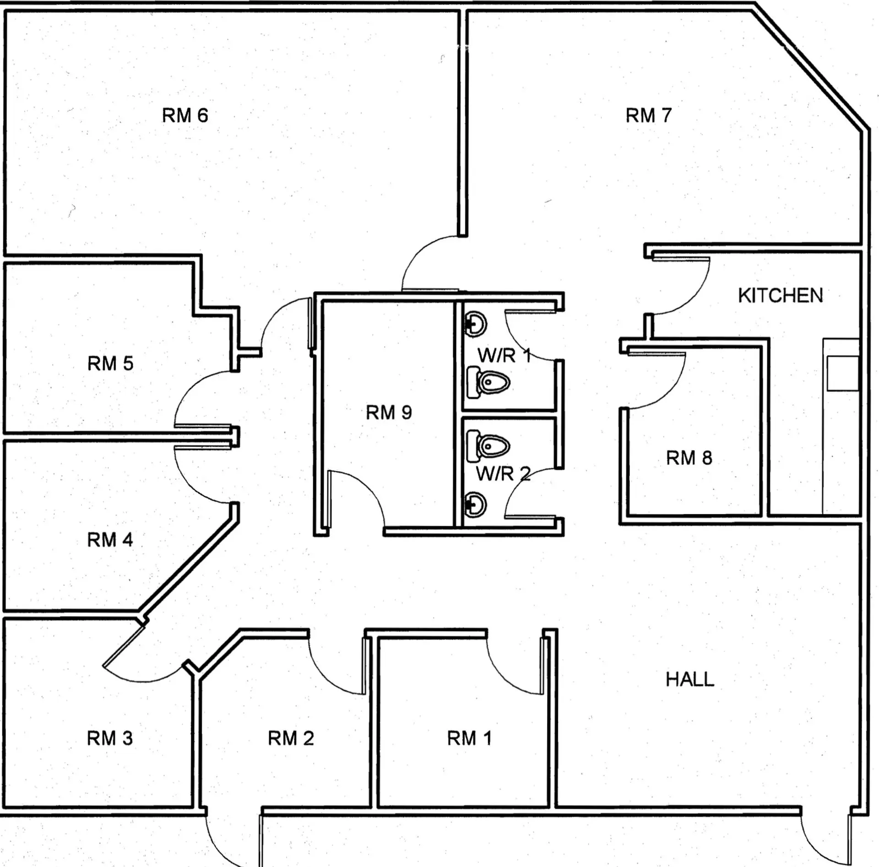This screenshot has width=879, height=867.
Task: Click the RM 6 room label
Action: [x=185, y=115]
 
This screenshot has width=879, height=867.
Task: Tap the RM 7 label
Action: [x=648, y=115]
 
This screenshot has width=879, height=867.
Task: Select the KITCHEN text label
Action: [x=780, y=296]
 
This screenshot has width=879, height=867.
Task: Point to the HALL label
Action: [x=689, y=679]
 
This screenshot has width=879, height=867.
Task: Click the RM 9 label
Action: [x=389, y=413]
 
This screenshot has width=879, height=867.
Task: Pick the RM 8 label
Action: [x=689, y=458]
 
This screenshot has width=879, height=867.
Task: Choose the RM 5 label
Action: [x=110, y=364]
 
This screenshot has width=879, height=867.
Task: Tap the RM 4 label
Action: [x=110, y=540]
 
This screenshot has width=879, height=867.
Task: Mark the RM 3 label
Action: [x=110, y=738]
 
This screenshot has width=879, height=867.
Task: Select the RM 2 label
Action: [x=291, y=738]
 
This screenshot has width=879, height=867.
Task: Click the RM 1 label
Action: [x=469, y=738]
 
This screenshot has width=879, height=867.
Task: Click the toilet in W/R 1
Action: [x=489, y=383]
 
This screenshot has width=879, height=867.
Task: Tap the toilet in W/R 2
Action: [x=489, y=445]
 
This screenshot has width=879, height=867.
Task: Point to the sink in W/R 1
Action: [x=476, y=324]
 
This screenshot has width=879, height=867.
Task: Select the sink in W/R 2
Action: [x=476, y=504]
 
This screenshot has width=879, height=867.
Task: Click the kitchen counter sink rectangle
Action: [x=842, y=374]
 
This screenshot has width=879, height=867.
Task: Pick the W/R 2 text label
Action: [x=503, y=474]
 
